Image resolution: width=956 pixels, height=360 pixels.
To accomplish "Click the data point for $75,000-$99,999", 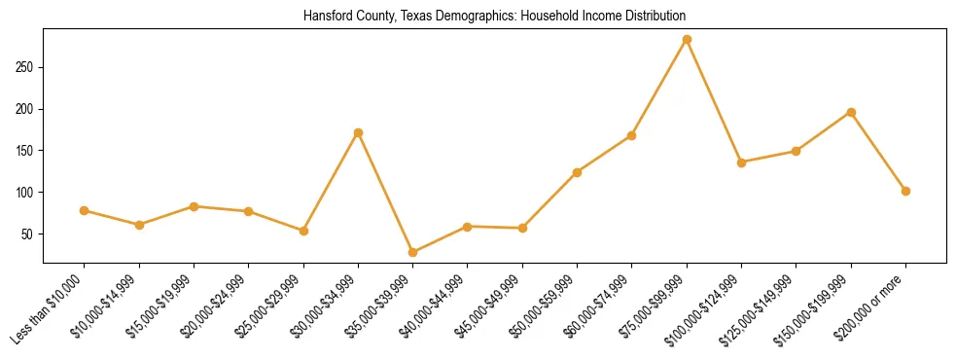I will [x=687, y=40].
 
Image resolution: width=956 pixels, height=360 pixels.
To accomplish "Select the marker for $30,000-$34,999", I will [x=358, y=132].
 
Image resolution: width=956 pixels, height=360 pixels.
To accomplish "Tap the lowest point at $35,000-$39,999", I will [x=412, y=253].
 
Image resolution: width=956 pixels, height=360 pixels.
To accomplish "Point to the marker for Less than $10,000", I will [x=84, y=210].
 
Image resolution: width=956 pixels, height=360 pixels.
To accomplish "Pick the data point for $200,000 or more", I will [x=905, y=191].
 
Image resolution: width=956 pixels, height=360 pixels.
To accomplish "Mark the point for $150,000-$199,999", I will [x=851, y=113].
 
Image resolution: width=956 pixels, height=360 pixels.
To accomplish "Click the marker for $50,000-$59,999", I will [x=577, y=172].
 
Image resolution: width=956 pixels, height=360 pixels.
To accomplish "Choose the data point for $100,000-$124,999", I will [x=741, y=162].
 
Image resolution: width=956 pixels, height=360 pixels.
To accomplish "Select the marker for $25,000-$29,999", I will [x=303, y=231].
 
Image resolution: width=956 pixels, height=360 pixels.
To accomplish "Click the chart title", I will [x=494, y=16].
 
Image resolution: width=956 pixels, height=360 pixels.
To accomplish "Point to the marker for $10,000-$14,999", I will [x=139, y=225].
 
